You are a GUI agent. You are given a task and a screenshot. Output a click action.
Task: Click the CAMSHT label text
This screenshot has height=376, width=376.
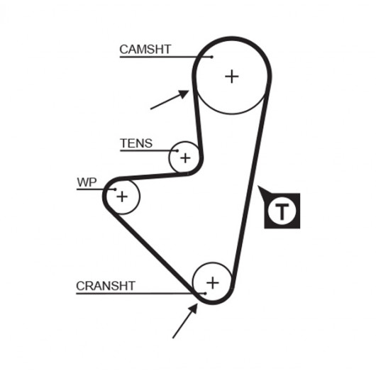point(145,50)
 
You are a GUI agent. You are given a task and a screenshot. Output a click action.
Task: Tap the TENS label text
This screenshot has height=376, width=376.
point(136,143)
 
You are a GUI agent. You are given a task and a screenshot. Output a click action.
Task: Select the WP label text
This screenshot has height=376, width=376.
point(87,182)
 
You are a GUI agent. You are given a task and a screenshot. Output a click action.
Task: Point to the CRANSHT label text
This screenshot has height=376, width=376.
point(106,286)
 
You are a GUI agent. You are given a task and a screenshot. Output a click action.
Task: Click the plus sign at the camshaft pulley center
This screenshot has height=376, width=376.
point(232,77)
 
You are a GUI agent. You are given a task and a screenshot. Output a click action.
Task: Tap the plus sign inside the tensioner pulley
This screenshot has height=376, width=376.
point(185,158)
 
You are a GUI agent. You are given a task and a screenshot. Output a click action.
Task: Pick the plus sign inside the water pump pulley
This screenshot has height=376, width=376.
point(122,197)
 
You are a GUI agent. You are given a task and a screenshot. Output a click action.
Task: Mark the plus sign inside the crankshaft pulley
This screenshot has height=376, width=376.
point(213,283)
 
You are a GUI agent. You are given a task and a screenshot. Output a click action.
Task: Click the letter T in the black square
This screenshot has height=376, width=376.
point(282,212)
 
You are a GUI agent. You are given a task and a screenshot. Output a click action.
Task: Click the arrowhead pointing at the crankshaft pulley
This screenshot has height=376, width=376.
point(193,309)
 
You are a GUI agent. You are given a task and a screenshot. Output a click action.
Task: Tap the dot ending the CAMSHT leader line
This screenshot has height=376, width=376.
point(211,57)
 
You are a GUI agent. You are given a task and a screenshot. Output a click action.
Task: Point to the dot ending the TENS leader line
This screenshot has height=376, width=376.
point(177,151)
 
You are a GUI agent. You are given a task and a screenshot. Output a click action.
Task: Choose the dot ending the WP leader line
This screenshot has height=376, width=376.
point(116,189)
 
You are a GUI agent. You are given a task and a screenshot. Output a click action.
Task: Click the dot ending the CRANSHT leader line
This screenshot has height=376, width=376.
point(205,294)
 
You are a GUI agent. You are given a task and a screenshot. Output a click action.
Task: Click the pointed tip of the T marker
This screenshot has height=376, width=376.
point(258,186)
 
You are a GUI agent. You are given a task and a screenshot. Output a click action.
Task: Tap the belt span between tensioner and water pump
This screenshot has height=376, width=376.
point(153,177)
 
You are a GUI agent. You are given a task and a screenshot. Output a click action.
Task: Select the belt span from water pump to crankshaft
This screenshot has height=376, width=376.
point(153,252)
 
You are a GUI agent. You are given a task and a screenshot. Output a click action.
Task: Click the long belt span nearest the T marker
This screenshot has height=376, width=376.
point(250,187)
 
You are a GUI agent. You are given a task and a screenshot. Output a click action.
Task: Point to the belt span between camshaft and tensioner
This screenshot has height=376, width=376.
point(197,120)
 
